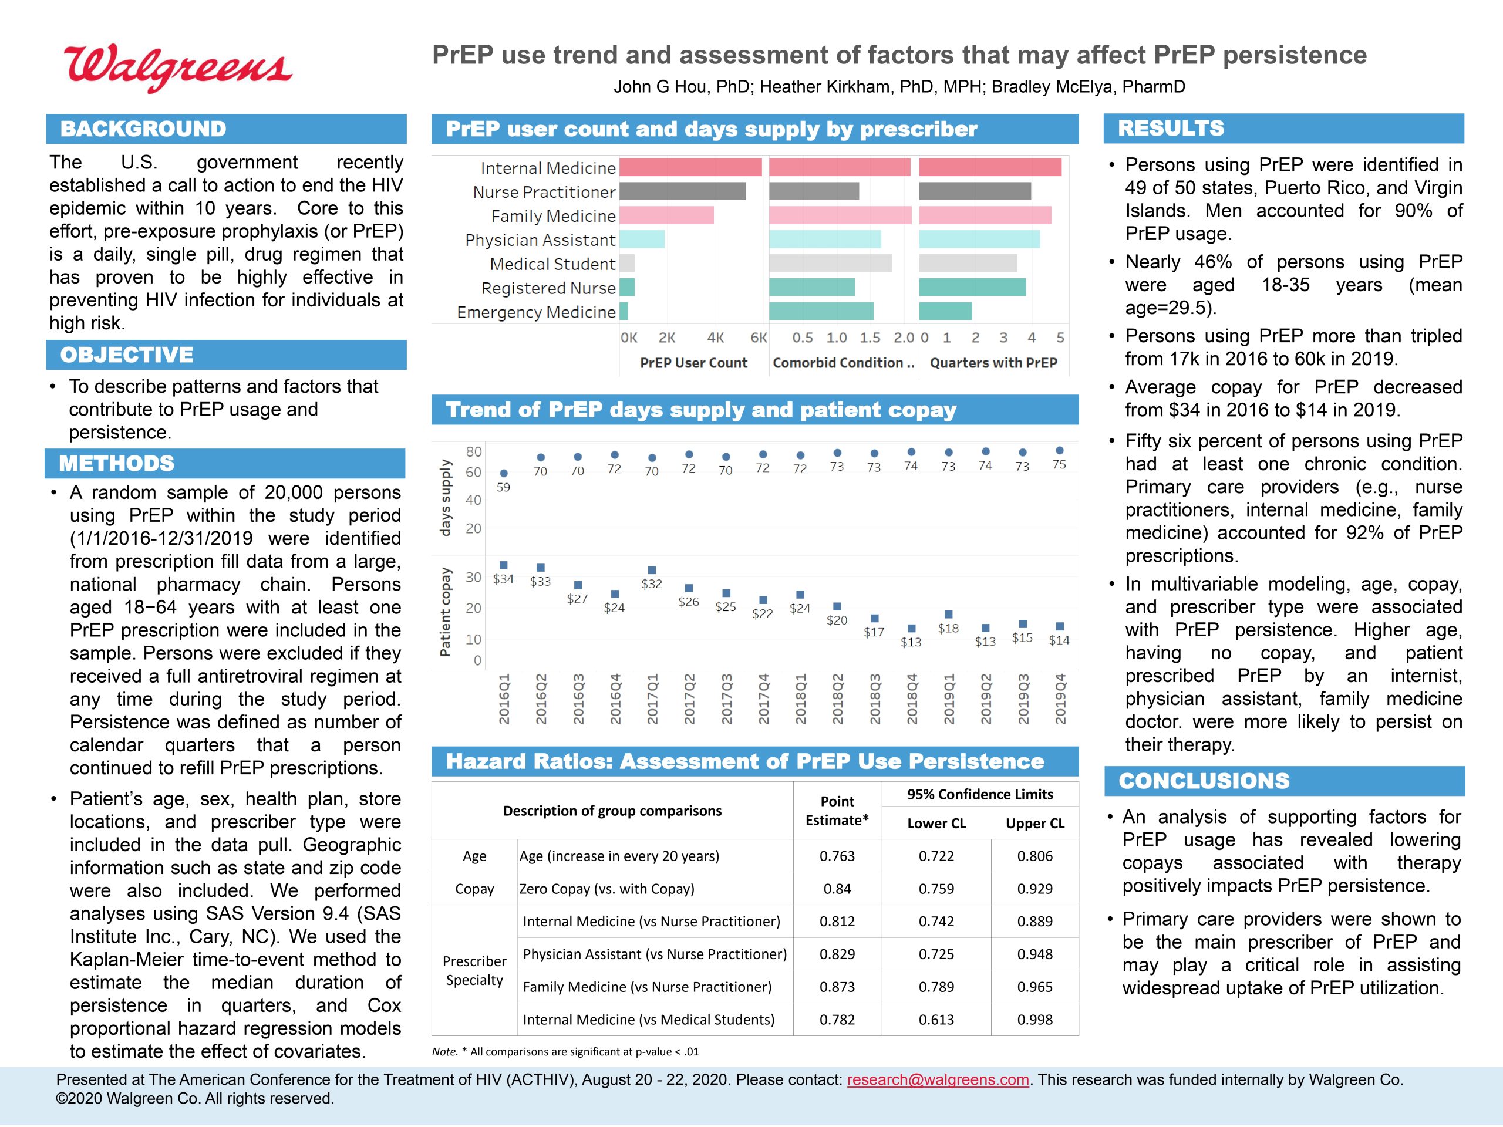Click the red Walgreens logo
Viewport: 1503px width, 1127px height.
178,68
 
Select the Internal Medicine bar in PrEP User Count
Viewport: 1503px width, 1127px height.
690,167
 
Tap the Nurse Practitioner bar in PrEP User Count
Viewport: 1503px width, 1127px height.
683,191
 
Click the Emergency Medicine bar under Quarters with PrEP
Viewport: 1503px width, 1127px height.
946,311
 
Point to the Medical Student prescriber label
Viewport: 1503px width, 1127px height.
552,264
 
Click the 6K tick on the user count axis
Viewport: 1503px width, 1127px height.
759,338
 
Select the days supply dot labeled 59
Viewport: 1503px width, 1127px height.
504,474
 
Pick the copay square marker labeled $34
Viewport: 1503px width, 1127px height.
504,565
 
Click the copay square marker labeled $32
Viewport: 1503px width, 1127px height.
652,570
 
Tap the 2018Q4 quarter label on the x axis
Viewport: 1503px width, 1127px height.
912,699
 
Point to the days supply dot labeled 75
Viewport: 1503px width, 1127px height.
1059,450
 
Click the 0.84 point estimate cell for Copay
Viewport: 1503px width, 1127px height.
837,889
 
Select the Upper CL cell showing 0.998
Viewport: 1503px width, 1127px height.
1035,1020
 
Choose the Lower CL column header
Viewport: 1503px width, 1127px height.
936,824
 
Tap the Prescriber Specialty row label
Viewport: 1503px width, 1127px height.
474,970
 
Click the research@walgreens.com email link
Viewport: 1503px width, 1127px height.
938,1079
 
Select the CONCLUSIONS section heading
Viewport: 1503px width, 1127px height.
1204,781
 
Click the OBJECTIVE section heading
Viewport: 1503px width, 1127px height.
127,355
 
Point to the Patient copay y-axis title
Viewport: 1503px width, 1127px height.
445,612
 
